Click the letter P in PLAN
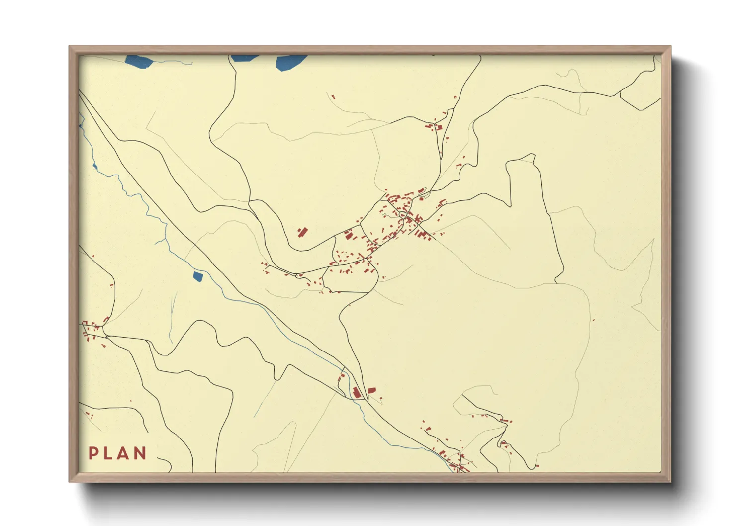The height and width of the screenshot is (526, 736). (x=92, y=453)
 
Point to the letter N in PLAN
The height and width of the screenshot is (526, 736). (x=140, y=453)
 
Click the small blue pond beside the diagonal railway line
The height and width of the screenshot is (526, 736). (x=198, y=276)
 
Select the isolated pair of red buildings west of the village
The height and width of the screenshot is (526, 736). (x=302, y=232)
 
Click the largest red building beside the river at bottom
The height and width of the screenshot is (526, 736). (x=357, y=392)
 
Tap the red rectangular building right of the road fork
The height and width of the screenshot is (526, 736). (x=371, y=390)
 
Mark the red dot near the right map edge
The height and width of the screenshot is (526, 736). (x=593, y=320)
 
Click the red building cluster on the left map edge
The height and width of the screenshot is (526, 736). (x=92, y=330)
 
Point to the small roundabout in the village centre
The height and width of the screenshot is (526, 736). (x=402, y=215)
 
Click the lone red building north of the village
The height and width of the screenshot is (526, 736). (x=333, y=97)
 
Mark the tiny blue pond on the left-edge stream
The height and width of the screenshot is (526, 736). (x=94, y=166)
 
